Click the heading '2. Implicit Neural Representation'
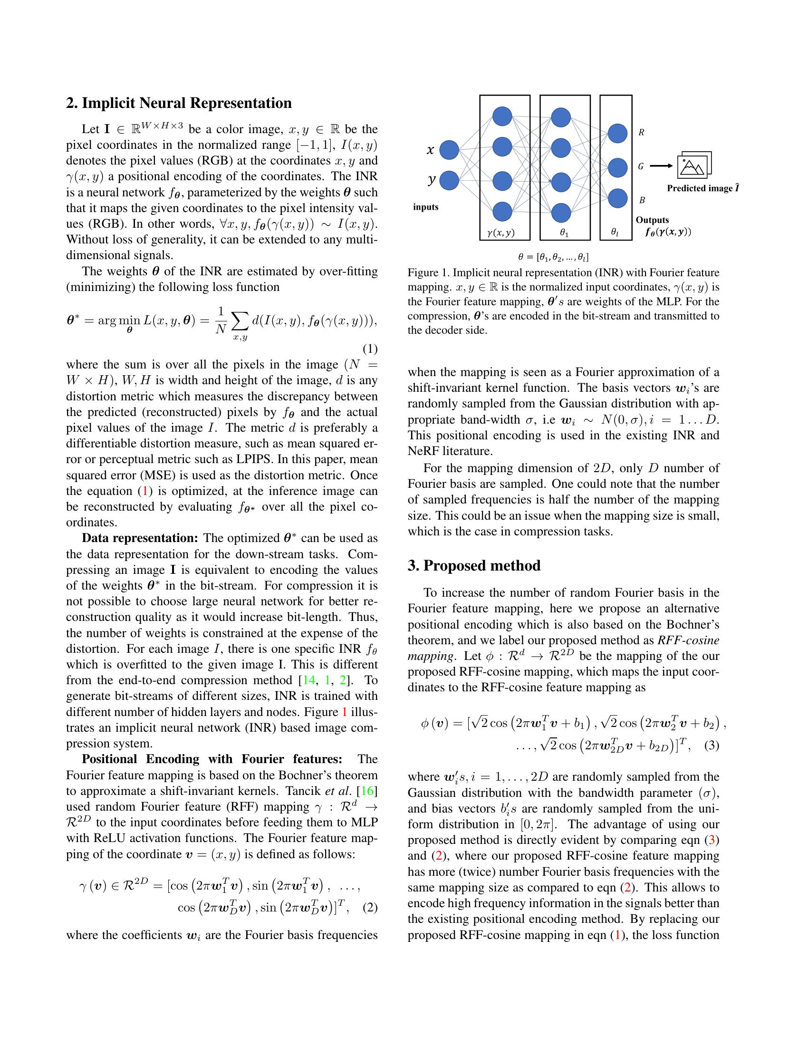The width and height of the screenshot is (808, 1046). click(x=179, y=104)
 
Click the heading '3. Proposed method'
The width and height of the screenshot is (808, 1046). click(x=474, y=566)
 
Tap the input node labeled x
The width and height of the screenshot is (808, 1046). click(x=449, y=150)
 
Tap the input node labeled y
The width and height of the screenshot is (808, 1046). click(x=449, y=181)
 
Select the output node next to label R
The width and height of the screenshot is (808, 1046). click(x=617, y=133)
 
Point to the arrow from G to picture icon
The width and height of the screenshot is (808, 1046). click(x=661, y=166)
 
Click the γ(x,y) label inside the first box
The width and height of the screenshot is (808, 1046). click(x=500, y=233)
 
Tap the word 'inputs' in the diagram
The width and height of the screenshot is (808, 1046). click(x=425, y=207)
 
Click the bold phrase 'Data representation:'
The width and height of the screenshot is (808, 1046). click(x=140, y=538)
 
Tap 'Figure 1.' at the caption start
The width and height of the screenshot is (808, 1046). click(x=428, y=273)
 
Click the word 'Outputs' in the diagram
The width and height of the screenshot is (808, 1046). click(x=652, y=220)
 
